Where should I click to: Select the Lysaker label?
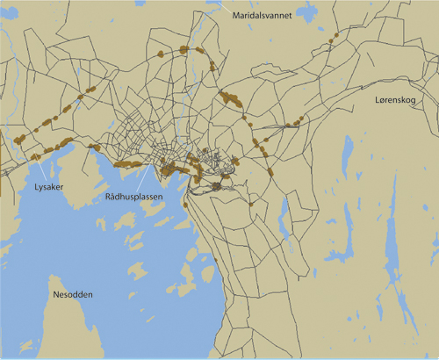pos(40,187)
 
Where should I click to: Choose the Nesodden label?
pos(73,294)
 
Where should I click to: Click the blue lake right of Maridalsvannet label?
pos(307,12)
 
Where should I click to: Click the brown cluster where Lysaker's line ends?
pos(36,156)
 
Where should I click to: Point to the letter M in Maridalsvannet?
pos(235,15)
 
